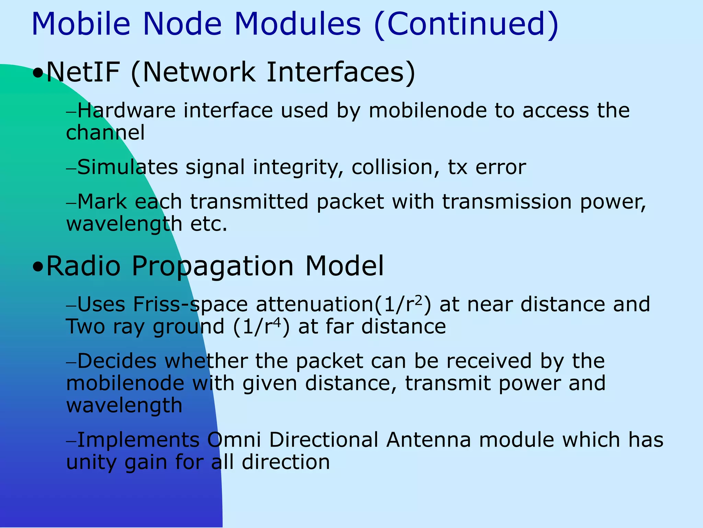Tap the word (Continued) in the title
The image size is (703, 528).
pyautogui.click(x=466, y=25)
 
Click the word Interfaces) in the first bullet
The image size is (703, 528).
pyautogui.click(x=341, y=73)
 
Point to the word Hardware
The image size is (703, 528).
pyautogui.click(x=126, y=111)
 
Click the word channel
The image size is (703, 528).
pyautogui.click(x=105, y=133)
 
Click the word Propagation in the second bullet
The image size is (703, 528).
pyautogui.click(x=213, y=267)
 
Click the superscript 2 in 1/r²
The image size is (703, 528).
pyautogui.click(x=418, y=300)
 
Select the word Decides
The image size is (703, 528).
pyautogui.click(x=117, y=361)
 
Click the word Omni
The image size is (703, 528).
pyautogui.click(x=234, y=440)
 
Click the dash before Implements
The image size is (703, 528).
pyautogui.click(x=71, y=441)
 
